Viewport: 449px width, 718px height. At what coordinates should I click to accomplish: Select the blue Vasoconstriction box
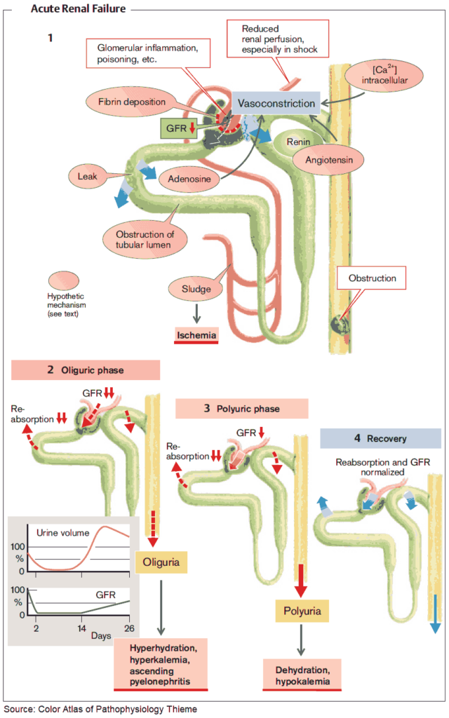pos(276,103)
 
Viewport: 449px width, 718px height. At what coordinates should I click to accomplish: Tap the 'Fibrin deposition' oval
pos(130,102)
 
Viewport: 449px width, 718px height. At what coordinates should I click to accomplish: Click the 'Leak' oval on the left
pos(93,175)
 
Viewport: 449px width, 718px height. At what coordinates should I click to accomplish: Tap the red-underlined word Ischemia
pos(196,335)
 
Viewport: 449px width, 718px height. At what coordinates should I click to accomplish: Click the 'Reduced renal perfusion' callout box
pos(279,39)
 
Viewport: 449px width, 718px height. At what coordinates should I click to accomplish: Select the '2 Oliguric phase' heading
pos(86,370)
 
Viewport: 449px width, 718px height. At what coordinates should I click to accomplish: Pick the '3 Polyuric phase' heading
pos(241,408)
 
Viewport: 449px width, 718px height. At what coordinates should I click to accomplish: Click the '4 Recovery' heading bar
pos(380,438)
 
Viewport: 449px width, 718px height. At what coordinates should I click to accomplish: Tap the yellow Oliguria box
pos(162,562)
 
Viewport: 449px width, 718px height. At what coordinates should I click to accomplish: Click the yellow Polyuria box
pos(302,611)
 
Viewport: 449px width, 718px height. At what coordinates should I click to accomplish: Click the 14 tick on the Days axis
pos(81,627)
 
